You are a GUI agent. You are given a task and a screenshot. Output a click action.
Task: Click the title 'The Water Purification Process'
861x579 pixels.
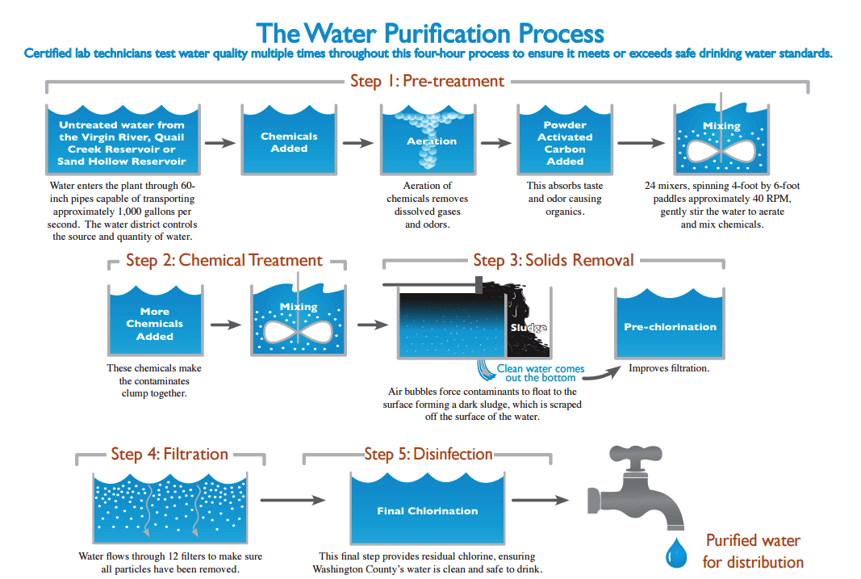pyautogui.click(x=430, y=33)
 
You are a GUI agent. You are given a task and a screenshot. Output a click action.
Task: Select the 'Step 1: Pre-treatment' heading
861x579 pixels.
pyautogui.click(x=427, y=81)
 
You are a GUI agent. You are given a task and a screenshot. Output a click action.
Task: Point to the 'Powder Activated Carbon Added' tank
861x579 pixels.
pyautogui.click(x=565, y=142)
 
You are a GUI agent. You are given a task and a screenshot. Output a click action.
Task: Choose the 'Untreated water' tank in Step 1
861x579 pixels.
pyautogui.click(x=121, y=142)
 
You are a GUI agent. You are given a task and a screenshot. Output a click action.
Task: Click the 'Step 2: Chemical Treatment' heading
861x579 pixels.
pyautogui.click(x=224, y=260)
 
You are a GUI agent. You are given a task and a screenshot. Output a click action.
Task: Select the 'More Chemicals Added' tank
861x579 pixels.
pyautogui.click(x=154, y=322)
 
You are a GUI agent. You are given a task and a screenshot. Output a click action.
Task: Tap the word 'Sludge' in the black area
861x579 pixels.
pyautogui.click(x=529, y=328)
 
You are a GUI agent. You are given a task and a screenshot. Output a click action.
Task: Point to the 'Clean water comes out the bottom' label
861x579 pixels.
pyautogui.click(x=540, y=373)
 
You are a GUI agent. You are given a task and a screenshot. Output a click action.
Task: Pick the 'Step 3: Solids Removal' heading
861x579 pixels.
pyautogui.click(x=553, y=260)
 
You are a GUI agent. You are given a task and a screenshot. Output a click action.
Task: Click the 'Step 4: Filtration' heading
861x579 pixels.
pyautogui.click(x=169, y=454)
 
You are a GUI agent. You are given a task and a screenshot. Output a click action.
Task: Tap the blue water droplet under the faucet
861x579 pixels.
pyautogui.click(x=674, y=555)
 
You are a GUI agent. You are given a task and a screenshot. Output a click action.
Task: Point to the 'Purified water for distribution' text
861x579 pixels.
pyautogui.click(x=753, y=551)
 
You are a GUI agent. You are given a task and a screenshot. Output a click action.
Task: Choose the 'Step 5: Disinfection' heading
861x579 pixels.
pyautogui.click(x=428, y=454)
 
